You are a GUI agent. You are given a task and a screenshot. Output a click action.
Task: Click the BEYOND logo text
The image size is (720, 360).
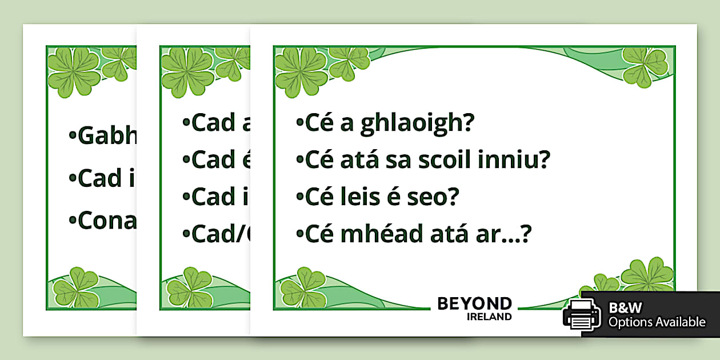click(x=474, y=303)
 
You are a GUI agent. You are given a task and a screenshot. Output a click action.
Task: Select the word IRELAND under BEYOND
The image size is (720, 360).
click(x=489, y=317)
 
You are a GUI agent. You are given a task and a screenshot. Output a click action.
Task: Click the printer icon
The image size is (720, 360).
click(x=582, y=314)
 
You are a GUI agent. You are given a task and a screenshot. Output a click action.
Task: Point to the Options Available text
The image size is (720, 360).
click(x=657, y=322)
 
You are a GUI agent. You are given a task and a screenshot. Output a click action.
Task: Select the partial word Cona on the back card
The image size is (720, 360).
click(x=106, y=221)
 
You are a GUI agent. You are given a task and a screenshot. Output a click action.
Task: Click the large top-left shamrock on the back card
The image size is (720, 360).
click(x=74, y=71)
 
